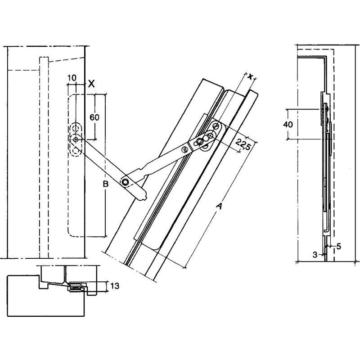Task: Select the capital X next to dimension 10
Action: tap(91, 83)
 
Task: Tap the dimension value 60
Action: tap(94, 117)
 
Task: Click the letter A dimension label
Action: tap(219, 206)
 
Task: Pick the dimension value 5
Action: tap(338, 246)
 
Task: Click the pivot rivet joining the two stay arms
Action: tap(125, 181)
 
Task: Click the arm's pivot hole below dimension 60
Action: tap(76, 140)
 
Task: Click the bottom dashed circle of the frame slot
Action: tap(75, 150)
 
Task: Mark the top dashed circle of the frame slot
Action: tap(75, 127)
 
